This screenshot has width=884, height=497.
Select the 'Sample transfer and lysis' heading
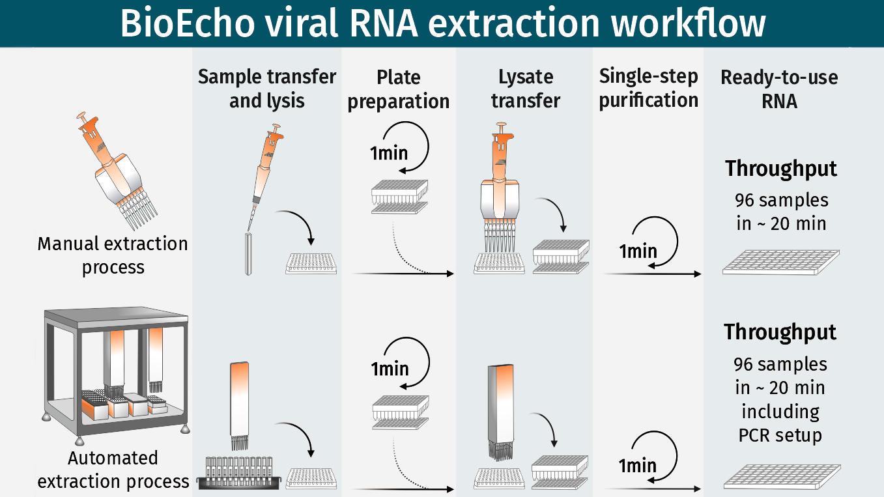tap(267, 89)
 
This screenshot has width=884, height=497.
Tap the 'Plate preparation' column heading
tap(398, 89)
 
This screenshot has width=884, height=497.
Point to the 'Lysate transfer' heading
tap(526, 89)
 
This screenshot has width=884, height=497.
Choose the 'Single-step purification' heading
tap(648, 88)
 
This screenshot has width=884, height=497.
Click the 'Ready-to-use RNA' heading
tap(779, 89)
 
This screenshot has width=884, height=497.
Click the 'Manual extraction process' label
tap(113, 255)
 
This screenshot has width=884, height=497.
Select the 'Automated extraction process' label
tap(113, 470)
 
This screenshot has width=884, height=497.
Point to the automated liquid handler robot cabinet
tap(115, 371)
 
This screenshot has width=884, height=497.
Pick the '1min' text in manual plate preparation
tap(389, 153)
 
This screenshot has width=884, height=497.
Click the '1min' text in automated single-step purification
tap(637, 465)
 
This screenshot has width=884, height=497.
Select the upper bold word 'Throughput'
tap(781, 169)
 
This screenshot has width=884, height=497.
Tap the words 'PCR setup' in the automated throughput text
tap(780, 434)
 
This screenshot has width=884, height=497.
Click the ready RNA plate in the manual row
tap(780, 262)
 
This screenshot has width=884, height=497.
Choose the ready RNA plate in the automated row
tap(782, 477)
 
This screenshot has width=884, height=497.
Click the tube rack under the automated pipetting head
tap(242, 473)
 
